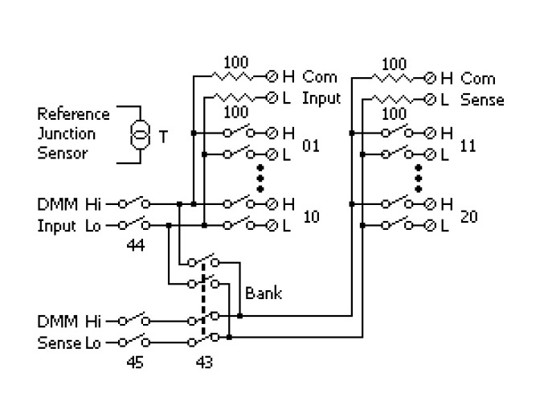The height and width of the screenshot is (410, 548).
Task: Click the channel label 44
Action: coord(136,246)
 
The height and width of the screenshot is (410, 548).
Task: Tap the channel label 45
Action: coord(135,362)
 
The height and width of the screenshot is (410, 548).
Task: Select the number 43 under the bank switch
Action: coord(204,362)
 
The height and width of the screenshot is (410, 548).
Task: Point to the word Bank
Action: coord(264,294)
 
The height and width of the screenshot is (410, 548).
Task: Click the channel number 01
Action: coord(311,146)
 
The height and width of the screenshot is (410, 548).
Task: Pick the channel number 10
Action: coord(312,216)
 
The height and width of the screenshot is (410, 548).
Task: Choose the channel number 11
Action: coord(469,146)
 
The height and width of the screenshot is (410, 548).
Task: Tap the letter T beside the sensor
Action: coord(163,137)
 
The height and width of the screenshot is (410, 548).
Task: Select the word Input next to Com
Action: coord(321,99)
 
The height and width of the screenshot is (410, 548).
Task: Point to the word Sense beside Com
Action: coord(482,100)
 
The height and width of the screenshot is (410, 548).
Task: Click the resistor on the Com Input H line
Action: coord(235,77)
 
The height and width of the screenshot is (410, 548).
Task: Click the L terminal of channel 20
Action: coord(430,226)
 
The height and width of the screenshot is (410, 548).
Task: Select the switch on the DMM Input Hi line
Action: coord(135,204)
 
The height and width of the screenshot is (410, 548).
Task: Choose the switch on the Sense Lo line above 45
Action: coord(135,341)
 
